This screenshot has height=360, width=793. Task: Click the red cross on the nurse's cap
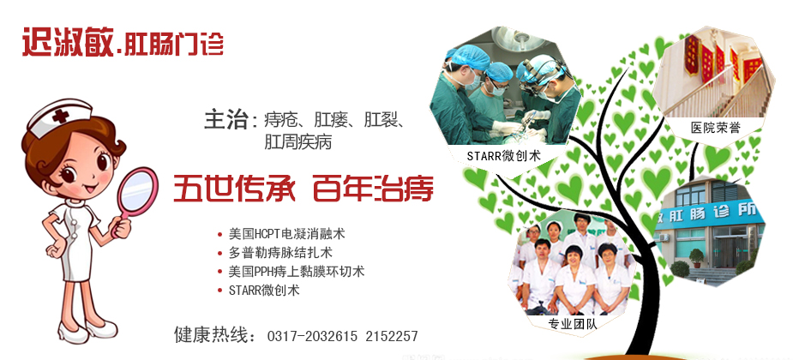point(61,116)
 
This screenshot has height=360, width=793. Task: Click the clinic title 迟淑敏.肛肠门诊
point(123,41)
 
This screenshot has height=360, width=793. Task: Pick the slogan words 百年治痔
point(373,189)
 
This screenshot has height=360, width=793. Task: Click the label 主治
point(225,120)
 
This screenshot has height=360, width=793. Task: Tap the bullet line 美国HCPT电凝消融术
point(286,234)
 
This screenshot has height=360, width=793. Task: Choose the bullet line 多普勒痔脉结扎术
point(280,252)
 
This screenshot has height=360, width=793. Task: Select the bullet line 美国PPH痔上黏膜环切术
point(296,272)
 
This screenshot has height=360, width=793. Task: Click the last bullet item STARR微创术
point(264,291)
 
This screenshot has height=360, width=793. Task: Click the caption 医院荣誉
point(716,128)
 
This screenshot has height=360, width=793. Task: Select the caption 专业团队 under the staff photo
point(573,324)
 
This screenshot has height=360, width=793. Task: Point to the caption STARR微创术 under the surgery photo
point(504,156)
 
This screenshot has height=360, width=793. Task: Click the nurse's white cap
point(59,117)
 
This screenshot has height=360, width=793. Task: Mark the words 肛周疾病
point(297,142)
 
